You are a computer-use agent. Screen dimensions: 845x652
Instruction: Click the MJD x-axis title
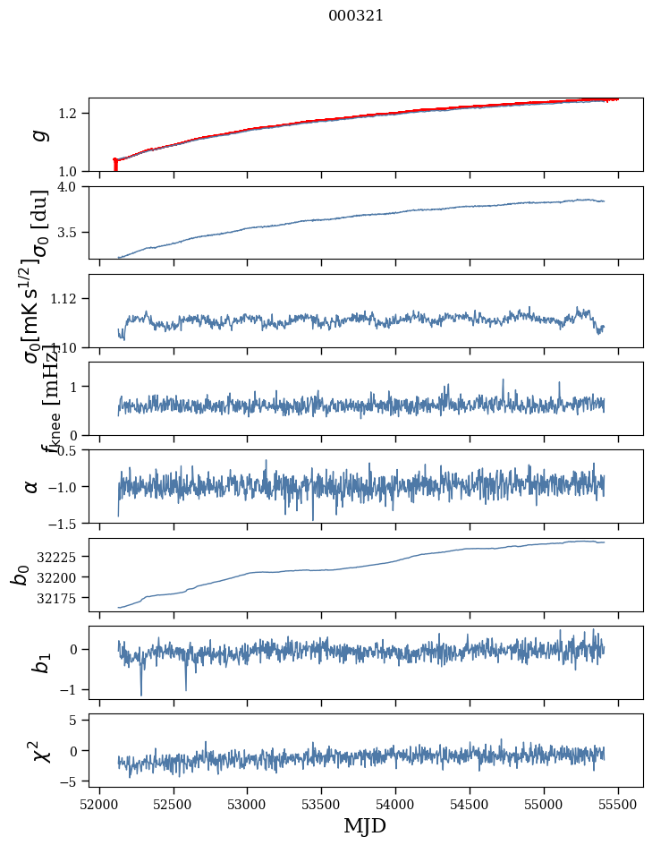click(x=365, y=826)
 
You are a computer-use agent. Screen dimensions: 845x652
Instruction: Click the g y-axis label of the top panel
click(x=38, y=135)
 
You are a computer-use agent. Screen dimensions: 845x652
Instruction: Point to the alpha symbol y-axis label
click(x=32, y=486)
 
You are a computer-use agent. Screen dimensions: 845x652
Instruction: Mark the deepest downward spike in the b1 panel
click(x=140, y=694)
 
